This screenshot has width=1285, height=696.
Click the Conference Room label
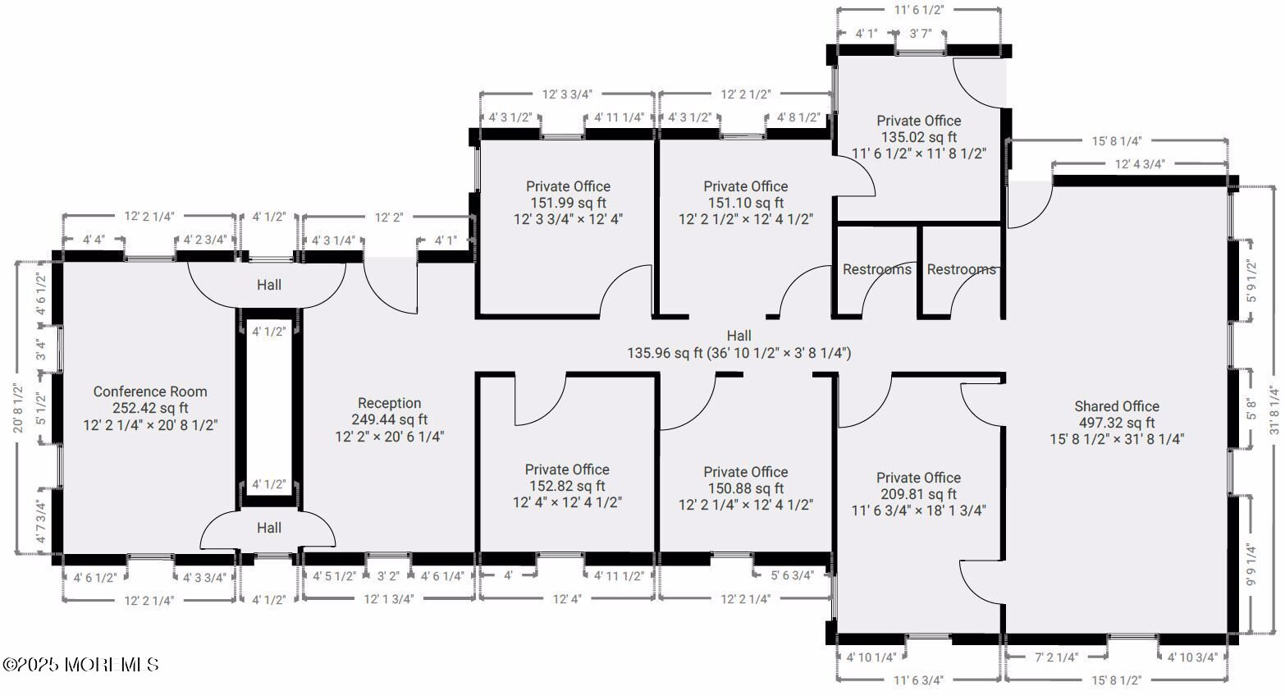coord(150,391)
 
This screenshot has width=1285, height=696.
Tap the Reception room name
coord(390,403)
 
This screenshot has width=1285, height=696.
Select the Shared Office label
coord(1117,406)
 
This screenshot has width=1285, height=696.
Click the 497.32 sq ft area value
coord(1117,423)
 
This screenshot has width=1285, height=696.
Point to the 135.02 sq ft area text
coord(919,137)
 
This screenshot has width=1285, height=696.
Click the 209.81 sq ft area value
coord(918,494)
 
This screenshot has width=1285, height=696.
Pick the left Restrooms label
coord(877,269)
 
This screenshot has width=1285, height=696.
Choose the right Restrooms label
coord(962,269)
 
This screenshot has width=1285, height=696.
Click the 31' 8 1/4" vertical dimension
coord(1274,410)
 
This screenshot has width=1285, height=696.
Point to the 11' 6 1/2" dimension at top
coord(918,10)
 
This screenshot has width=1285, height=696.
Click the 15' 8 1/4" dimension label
coord(1116,140)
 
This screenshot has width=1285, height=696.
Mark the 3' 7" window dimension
coord(921,34)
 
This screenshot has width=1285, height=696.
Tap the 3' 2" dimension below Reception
coord(388,575)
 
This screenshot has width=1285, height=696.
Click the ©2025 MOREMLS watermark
coord(81,665)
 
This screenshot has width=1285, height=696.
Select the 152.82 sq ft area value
coord(567,486)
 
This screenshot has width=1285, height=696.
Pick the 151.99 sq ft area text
coord(568,203)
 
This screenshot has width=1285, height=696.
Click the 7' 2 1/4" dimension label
coord(1056,657)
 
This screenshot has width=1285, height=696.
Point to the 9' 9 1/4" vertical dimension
coord(1251,565)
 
